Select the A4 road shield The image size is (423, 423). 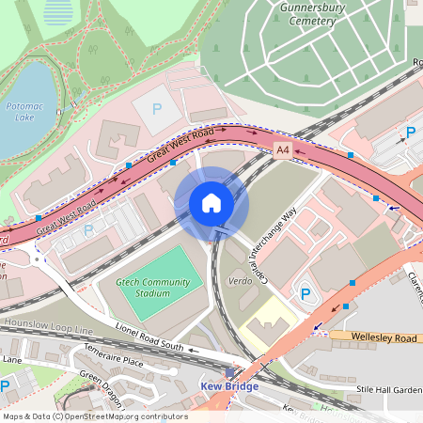283,149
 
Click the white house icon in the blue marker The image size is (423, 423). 211,202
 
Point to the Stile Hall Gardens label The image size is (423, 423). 388,387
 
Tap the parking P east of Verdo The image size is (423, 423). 305,294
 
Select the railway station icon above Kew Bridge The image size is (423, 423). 229,373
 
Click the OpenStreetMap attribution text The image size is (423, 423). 94,416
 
